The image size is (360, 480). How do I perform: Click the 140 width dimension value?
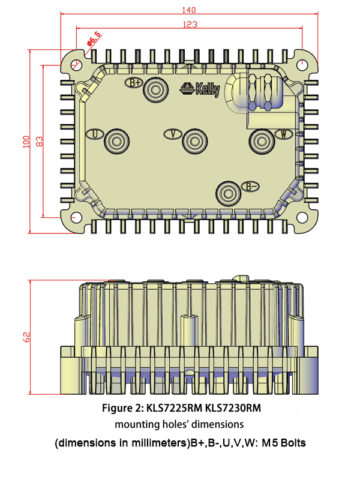pyautogui.click(x=190, y=10)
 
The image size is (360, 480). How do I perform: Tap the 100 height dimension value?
pyautogui.click(x=26, y=141)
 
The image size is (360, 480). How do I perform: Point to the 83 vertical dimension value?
pyautogui.click(x=39, y=141)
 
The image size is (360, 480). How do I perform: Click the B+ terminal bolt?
pyautogui.click(x=157, y=90)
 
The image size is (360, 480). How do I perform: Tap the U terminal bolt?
pyautogui.click(x=116, y=142)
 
